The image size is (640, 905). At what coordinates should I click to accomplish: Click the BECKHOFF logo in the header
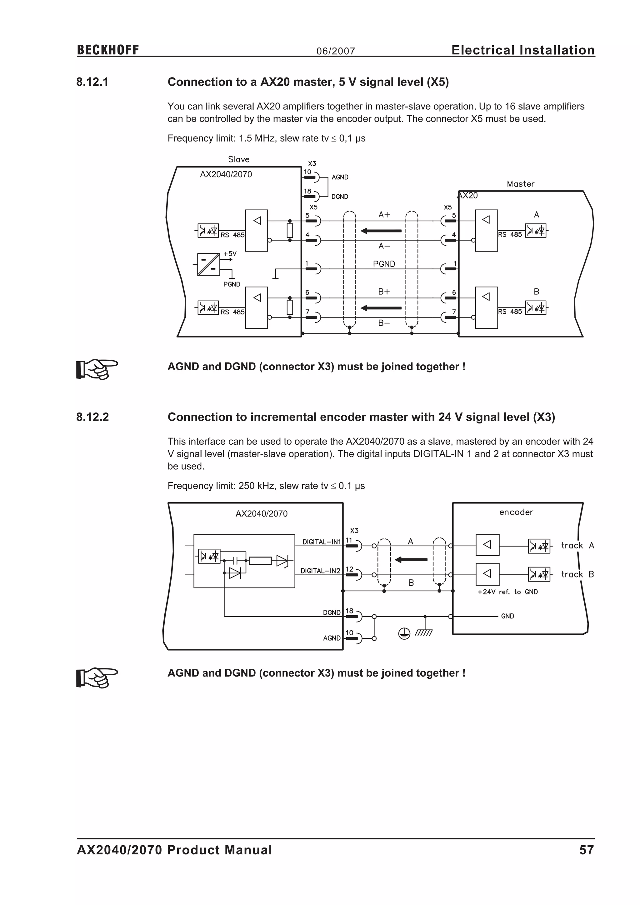pos(108,50)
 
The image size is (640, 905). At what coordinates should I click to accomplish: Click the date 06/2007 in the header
pos(335,51)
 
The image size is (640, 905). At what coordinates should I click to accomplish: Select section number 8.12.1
pos(92,82)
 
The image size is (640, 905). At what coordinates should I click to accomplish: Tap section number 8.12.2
pos(92,417)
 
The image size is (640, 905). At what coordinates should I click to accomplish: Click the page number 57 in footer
pos(586,850)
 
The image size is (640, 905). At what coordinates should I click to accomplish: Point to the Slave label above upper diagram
pos(238,159)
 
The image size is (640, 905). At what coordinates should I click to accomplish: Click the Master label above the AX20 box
pos(520,184)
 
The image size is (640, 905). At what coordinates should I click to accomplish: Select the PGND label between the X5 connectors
pos(384,264)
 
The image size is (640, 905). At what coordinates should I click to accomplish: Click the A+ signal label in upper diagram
pos(384,214)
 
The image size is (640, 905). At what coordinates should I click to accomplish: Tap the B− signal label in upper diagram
pos(384,323)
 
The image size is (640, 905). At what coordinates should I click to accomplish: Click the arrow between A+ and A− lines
pos(381,231)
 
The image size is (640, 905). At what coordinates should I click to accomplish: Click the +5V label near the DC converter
pos(230,254)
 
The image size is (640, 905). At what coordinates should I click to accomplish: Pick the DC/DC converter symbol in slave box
pos(208,264)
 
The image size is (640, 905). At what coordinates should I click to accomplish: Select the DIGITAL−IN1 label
pos(321,542)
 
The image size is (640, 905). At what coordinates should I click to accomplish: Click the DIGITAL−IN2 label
pos(320,571)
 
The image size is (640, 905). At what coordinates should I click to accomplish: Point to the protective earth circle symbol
pos(404,633)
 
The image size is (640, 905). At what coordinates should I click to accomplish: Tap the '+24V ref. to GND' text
pos(507,592)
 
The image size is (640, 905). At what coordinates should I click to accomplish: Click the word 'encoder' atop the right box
pos(516,512)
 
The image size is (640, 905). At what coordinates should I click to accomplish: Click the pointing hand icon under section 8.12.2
pos(97,677)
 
